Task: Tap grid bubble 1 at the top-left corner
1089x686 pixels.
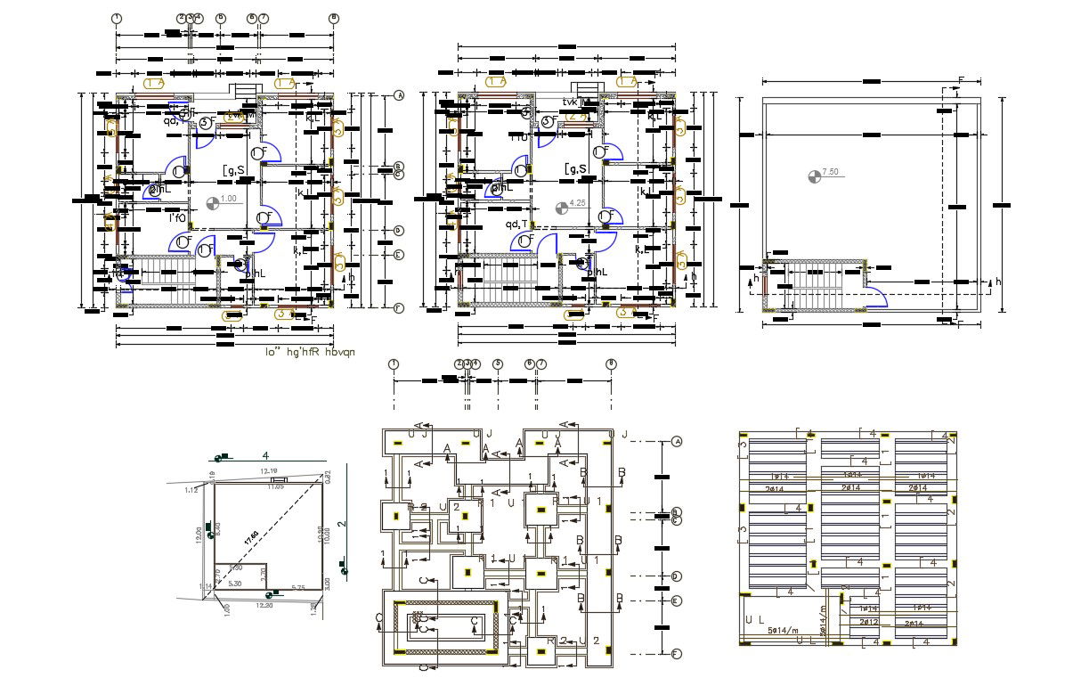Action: point(117,17)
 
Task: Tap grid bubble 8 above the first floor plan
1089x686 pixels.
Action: point(333,17)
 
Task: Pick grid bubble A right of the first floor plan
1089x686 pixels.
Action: point(399,94)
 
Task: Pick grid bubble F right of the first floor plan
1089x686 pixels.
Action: point(399,308)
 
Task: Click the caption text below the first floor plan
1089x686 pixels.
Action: point(310,352)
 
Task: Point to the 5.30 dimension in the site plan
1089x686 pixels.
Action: point(235,584)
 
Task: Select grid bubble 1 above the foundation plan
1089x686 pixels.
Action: point(394,363)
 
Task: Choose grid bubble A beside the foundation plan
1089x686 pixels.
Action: point(677,441)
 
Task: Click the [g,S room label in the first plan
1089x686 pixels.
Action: point(233,169)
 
